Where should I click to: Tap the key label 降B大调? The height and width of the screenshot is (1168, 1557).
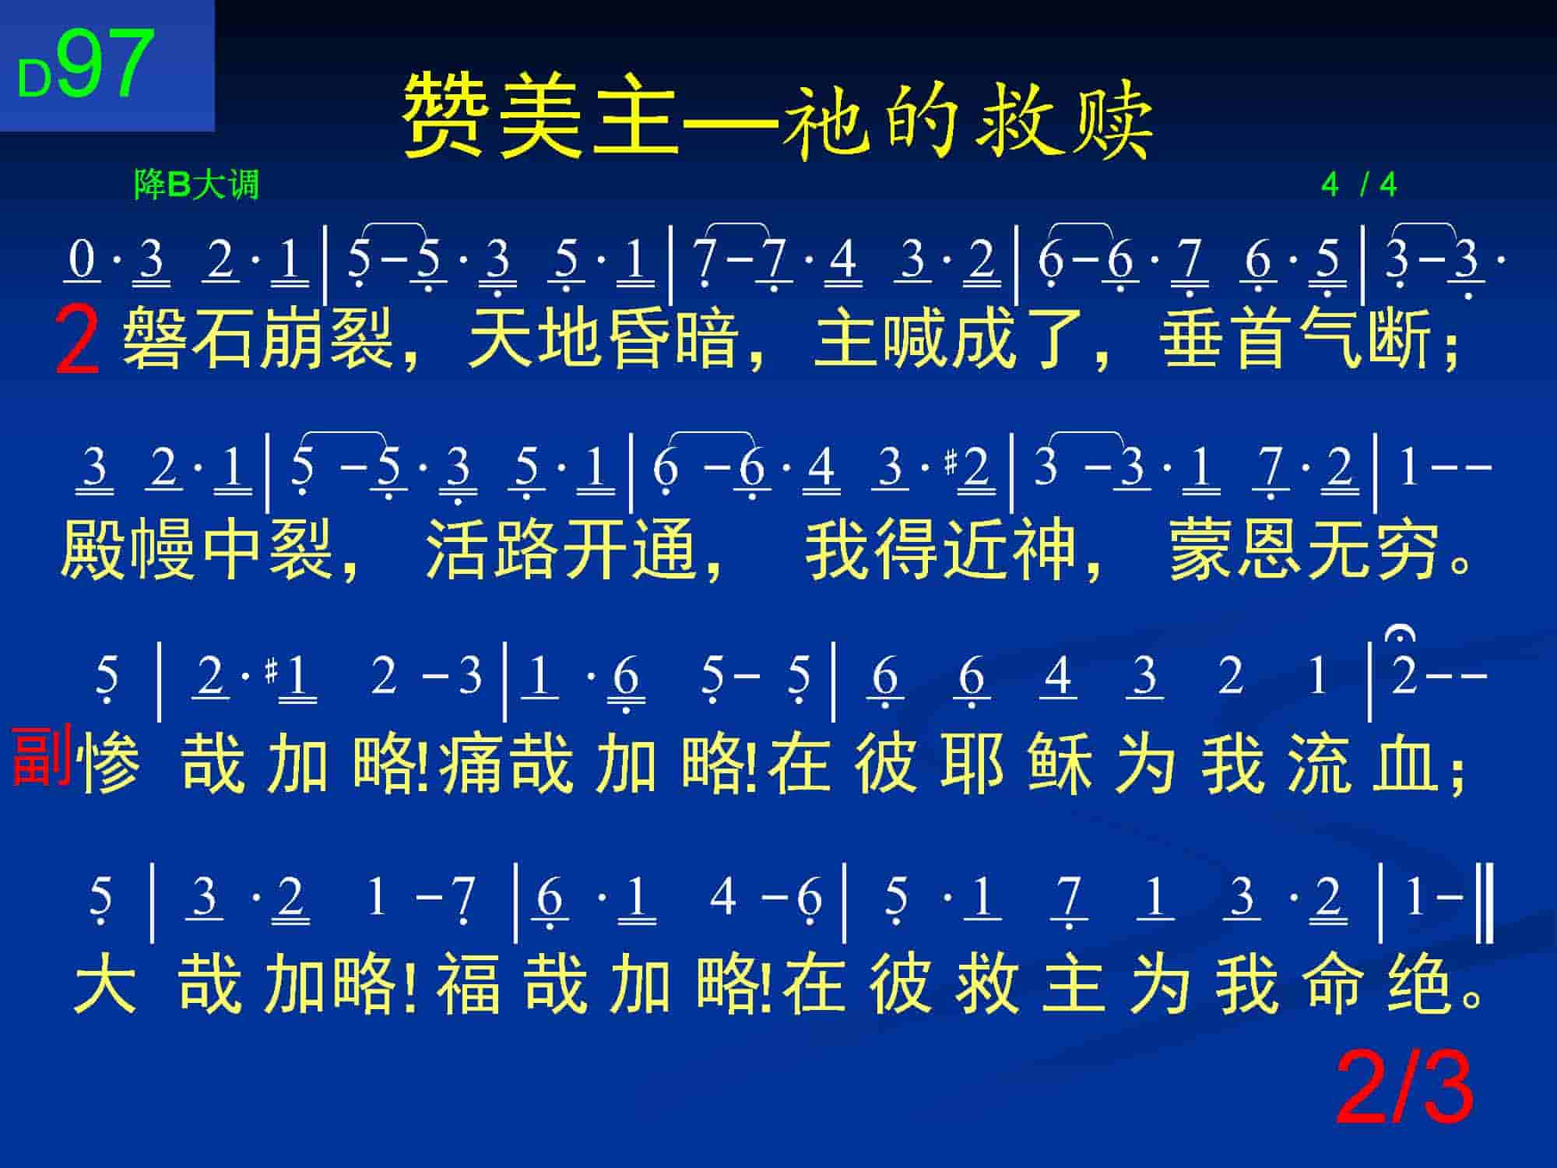(196, 185)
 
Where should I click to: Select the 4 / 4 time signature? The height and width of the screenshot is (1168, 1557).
(1358, 185)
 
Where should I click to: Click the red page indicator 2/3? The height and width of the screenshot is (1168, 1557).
(1404, 1088)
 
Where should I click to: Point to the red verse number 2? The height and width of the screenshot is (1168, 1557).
(77, 341)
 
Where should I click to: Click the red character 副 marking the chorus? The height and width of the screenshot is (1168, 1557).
(42, 754)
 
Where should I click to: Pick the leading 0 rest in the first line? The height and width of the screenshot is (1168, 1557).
(82, 260)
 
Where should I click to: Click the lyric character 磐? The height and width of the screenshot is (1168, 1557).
(156, 339)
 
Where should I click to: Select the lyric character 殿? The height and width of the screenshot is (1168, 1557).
(93, 550)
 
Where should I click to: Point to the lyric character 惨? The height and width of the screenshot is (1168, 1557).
(111, 764)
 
